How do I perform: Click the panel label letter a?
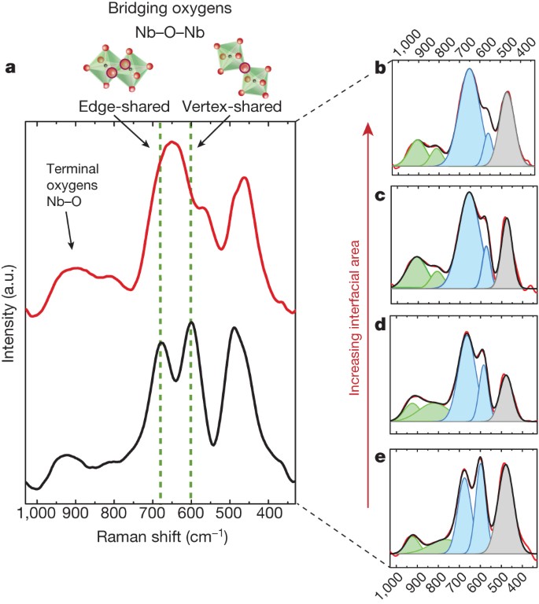pyautogui.click(x=10, y=68)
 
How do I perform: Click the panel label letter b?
pyautogui.click(x=379, y=69)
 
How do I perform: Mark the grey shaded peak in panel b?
pyautogui.click(x=507, y=138)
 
